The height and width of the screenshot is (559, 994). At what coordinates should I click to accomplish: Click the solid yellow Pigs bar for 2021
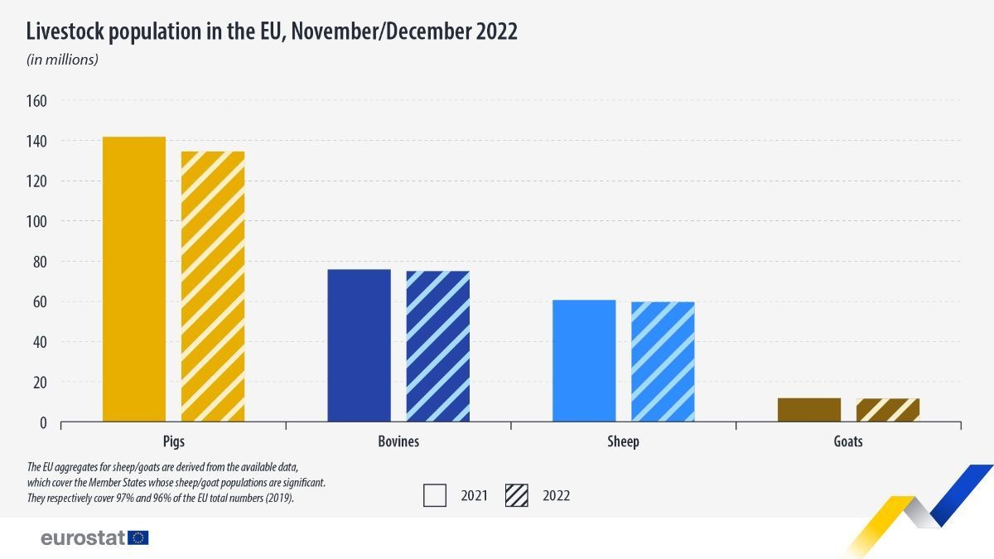(x=134, y=279)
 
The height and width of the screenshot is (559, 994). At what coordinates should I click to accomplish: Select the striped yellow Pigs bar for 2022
(x=213, y=287)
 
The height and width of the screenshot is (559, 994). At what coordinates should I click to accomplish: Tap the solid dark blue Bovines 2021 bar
(x=359, y=345)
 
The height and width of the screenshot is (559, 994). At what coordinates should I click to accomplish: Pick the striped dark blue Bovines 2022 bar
(x=437, y=346)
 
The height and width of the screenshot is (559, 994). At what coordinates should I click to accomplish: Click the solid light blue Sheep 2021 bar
(x=584, y=361)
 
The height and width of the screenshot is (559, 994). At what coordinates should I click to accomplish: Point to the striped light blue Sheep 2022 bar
(x=663, y=362)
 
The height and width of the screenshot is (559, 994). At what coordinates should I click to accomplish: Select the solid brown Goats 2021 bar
(x=809, y=410)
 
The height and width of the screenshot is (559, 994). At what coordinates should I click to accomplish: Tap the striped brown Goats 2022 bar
(x=888, y=410)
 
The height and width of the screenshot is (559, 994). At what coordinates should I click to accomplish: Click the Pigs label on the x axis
(x=174, y=441)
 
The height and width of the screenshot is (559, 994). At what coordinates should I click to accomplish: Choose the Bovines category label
(x=398, y=441)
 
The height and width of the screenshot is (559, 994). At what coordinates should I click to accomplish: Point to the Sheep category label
(x=623, y=441)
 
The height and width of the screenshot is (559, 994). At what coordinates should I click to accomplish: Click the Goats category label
(x=848, y=441)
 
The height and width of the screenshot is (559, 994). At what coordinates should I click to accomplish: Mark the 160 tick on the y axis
(x=37, y=101)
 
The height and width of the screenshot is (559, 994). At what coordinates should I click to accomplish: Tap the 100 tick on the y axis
(x=37, y=222)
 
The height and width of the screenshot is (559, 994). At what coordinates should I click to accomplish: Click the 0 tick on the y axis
(x=43, y=423)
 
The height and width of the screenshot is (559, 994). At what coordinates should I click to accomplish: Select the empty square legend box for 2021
(x=435, y=495)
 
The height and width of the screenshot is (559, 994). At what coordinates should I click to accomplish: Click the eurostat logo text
(x=83, y=537)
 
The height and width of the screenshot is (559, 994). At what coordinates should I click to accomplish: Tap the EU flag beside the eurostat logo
(x=138, y=537)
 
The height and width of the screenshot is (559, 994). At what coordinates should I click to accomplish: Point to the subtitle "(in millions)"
(x=63, y=60)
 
